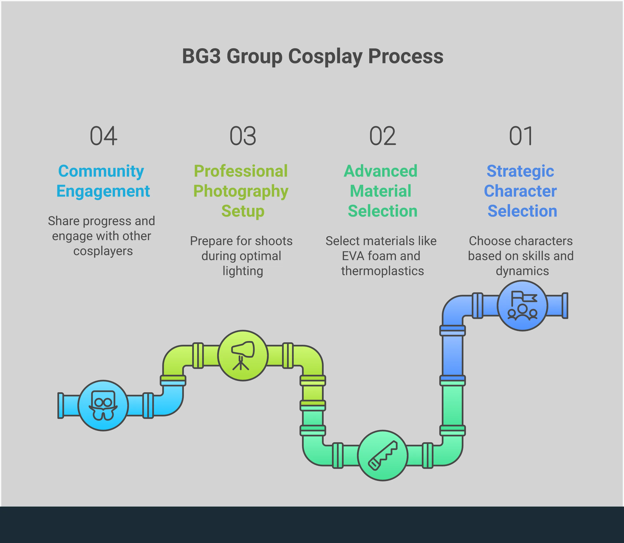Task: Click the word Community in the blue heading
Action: coord(101,172)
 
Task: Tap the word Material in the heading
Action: coord(381,191)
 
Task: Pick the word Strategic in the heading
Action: coord(520,172)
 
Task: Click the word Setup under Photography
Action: coord(243,211)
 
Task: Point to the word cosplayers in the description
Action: coord(103,251)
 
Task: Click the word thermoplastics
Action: coord(382,271)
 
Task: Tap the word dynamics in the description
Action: coord(522,271)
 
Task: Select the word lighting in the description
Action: coord(243,271)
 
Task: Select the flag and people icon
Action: coord(522,305)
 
